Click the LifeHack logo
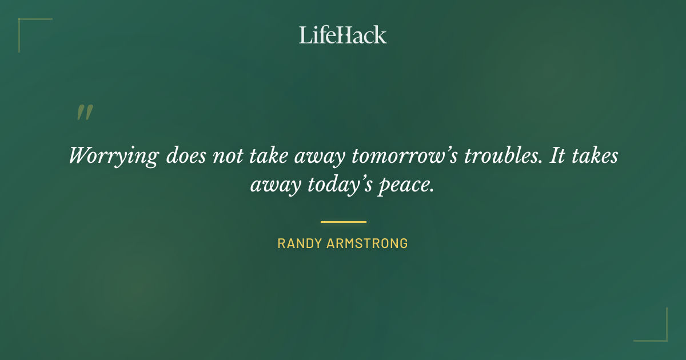coord(343,35)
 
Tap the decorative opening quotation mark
coord(85,113)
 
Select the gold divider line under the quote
coord(343,222)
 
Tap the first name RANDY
coord(300,243)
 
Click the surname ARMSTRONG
coord(368,243)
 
